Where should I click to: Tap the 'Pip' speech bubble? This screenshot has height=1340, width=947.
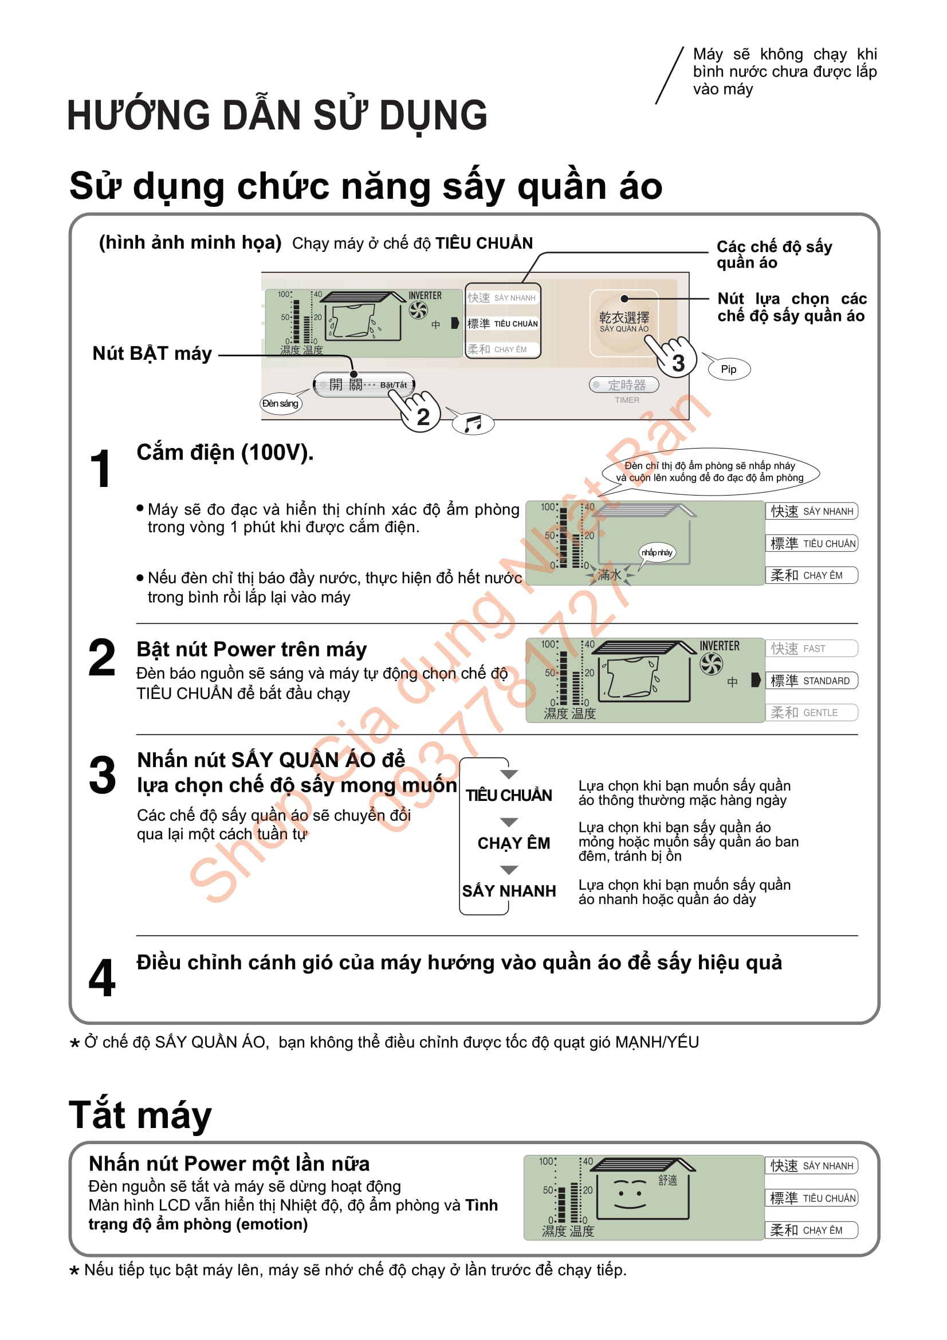(728, 369)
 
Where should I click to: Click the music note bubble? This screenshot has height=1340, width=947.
(473, 423)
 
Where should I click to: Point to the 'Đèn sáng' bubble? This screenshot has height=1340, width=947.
(281, 403)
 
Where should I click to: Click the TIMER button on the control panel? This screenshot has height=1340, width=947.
(624, 385)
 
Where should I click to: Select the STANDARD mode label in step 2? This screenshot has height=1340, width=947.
(811, 681)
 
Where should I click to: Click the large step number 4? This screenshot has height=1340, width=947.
(102, 977)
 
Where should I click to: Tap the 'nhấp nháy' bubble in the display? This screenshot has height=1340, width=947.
(657, 552)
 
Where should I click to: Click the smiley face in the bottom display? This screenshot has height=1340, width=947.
(630, 1194)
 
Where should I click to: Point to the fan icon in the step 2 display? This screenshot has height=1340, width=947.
(712, 663)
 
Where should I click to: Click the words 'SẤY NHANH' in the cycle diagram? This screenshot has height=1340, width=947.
(509, 891)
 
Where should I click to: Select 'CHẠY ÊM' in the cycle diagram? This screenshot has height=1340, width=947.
(513, 843)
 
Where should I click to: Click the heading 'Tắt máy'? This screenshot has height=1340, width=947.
(140, 1115)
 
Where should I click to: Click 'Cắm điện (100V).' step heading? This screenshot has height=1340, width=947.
(225, 453)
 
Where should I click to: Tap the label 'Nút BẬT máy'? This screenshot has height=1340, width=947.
(152, 353)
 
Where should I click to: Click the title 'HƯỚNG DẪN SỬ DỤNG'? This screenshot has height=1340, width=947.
(277, 115)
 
